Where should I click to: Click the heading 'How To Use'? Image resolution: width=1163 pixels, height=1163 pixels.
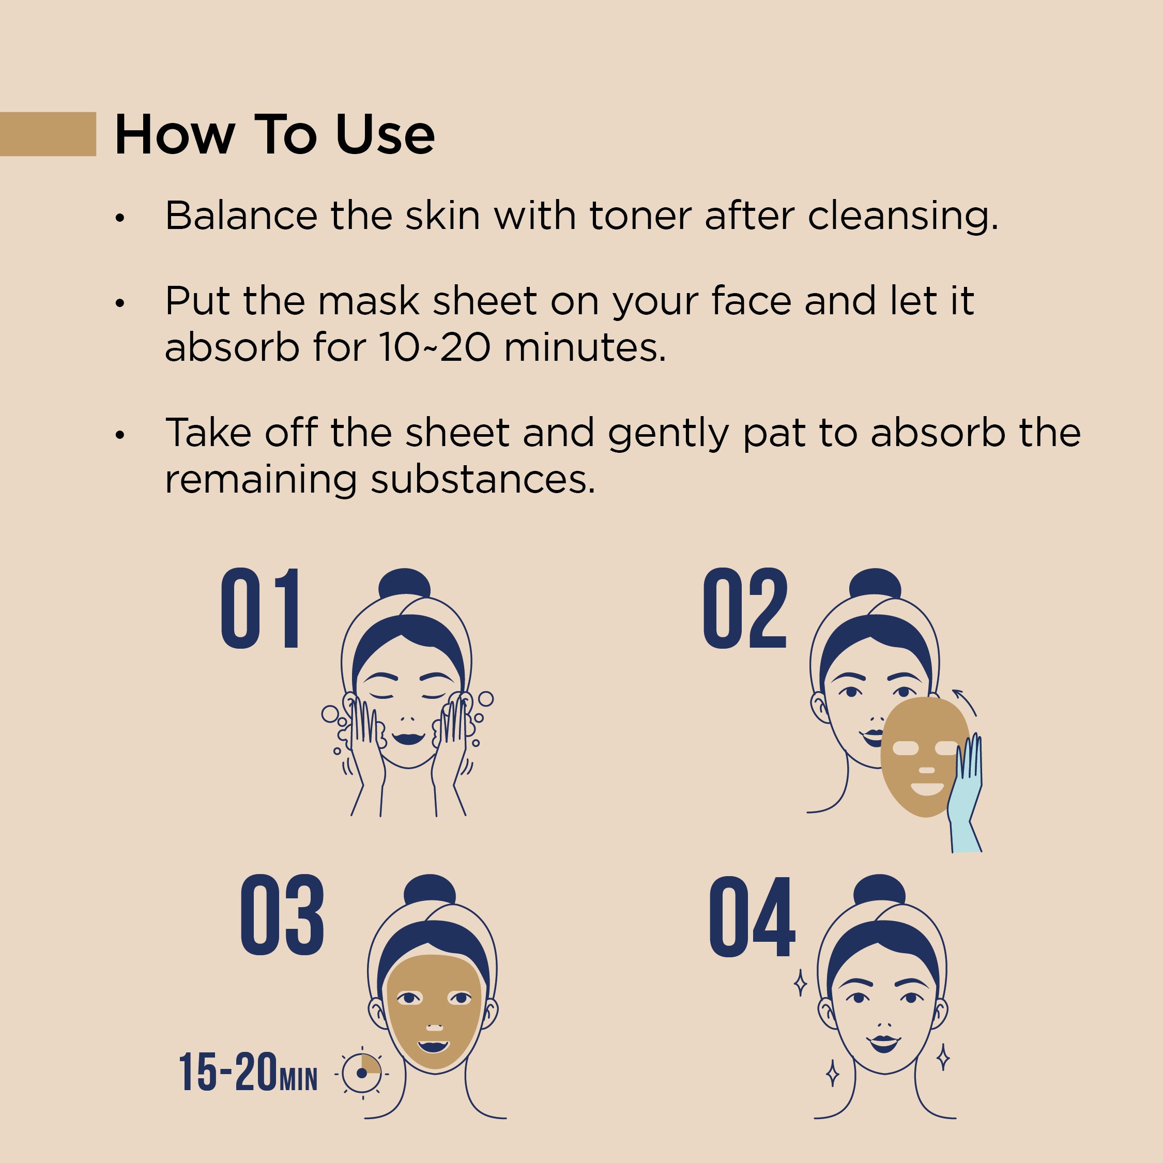tap(274, 134)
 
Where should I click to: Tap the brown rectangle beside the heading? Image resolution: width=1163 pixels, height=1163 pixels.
tap(48, 134)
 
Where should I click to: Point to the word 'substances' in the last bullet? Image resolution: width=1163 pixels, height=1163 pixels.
tap(483, 480)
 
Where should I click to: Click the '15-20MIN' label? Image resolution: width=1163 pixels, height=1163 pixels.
tap(248, 1073)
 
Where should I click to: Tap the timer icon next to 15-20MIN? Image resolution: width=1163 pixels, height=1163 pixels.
tap(361, 1073)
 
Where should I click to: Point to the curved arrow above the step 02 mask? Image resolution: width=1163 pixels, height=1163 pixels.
tap(966, 701)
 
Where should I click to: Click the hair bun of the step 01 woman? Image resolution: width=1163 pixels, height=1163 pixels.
tap(405, 586)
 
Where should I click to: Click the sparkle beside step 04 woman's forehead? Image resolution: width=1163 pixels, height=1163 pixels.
tap(800, 983)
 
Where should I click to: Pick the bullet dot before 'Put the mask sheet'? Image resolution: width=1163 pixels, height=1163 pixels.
tap(120, 303)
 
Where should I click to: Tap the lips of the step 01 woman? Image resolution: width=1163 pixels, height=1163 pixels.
tap(408, 738)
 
